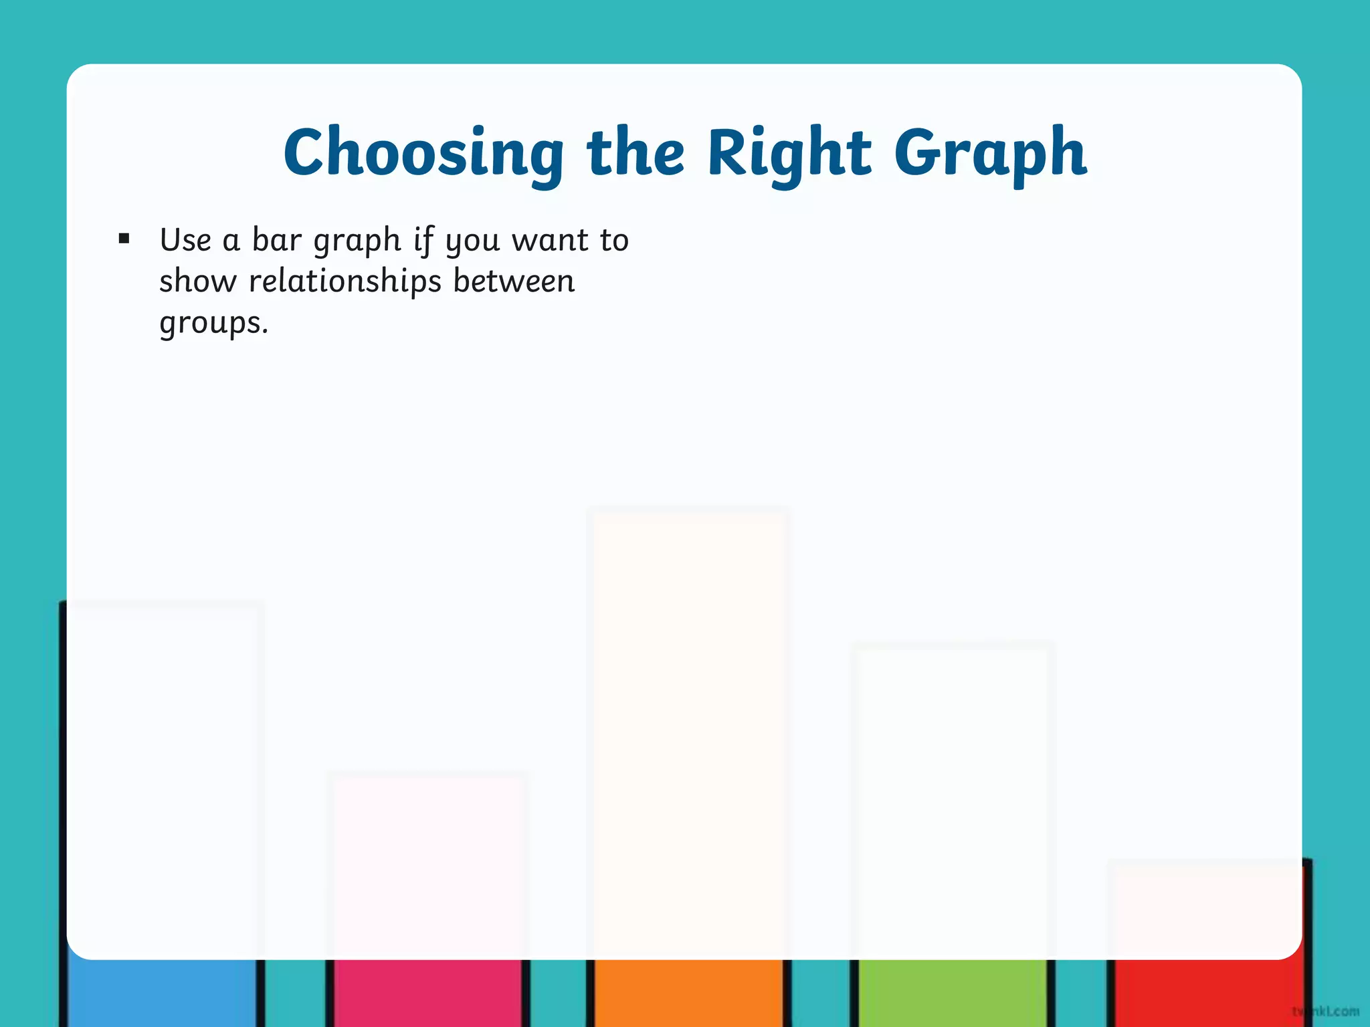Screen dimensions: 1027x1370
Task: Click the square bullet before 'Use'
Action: pyautogui.click(x=124, y=239)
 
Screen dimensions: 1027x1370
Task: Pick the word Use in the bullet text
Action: pyautogui.click(x=185, y=239)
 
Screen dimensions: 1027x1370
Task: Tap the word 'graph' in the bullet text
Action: pyautogui.click(x=357, y=241)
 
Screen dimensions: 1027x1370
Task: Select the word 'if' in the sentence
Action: pyautogui.click(x=423, y=239)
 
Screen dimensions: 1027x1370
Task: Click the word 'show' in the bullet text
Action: pyautogui.click(x=198, y=281)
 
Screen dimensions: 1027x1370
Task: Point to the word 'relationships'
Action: pyautogui.click(x=345, y=281)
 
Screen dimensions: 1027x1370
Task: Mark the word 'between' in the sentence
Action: pyautogui.click(x=514, y=281)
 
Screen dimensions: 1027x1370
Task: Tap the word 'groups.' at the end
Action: pyautogui.click(x=213, y=324)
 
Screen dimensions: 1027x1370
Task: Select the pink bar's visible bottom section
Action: pyautogui.click(x=428, y=992)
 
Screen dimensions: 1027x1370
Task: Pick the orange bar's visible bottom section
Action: pyautogui.click(x=688, y=992)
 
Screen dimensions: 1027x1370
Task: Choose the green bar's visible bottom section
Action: pyautogui.click(x=952, y=992)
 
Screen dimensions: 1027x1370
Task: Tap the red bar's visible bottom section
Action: pyautogui.click(x=1207, y=992)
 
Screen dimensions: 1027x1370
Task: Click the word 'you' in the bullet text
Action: pyautogui.click(x=472, y=241)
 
